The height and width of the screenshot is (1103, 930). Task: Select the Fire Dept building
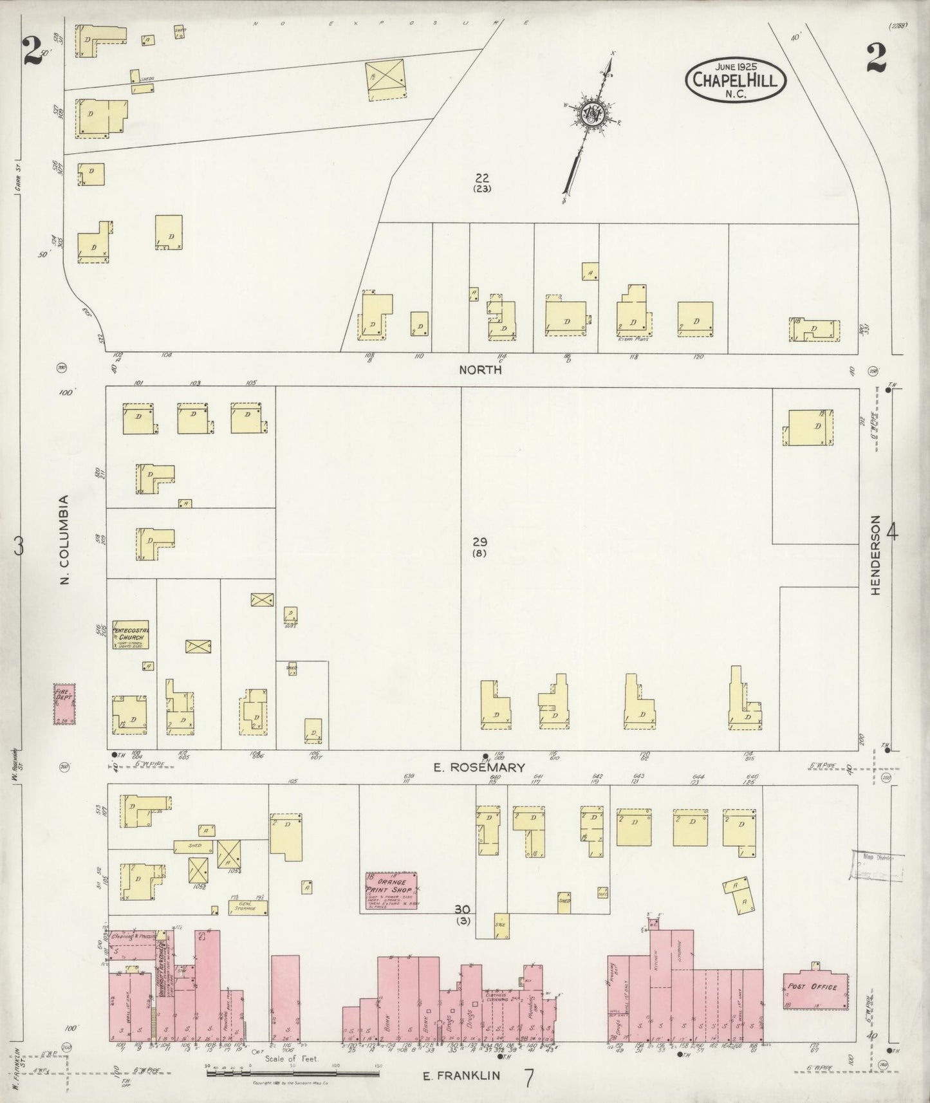(64, 704)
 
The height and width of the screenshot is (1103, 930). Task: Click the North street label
(480, 370)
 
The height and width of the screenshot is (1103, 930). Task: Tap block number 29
(479, 542)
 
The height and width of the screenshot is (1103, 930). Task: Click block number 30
(461, 909)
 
